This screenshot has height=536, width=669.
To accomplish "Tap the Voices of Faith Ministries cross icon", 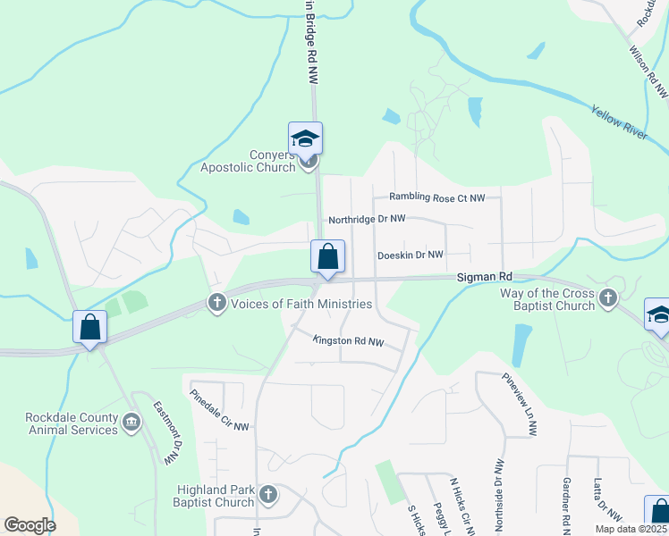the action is pyautogui.click(x=216, y=304).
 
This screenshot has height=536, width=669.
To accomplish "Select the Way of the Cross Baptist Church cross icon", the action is pyautogui.click(x=608, y=298).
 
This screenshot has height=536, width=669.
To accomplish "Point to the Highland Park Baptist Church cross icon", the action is pyautogui.click(x=267, y=493).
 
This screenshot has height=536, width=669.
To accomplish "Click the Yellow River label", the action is pyautogui.click(x=618, y=121).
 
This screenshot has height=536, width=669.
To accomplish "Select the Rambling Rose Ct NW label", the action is pyautogui.click(x=436, y=197).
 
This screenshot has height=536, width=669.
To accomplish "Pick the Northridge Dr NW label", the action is pyautogui.click(x=367, y=219).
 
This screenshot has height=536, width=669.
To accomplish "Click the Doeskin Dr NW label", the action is pyautogui.click(x=411, y=255).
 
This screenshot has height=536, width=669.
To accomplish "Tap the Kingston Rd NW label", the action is pyautogui.click(x=348, y=341).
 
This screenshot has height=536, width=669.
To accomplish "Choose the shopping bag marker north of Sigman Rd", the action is pyautogui.click(x=328, y=256).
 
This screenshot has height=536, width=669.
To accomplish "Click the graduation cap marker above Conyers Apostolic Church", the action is pyautogui.click(x=305, y=138).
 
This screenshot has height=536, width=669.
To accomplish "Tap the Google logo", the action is pyautogui.click(x=30, y=525).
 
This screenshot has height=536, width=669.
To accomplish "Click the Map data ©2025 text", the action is pyautogui.click(x=631, y=529).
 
